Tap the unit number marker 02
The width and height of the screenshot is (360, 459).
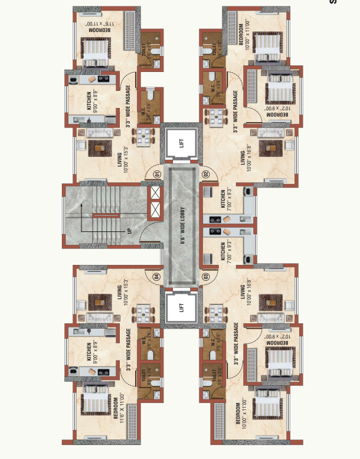coord(206,173)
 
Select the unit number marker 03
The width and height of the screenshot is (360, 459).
coord(206,276)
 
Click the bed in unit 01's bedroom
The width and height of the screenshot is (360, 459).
coord(95,52)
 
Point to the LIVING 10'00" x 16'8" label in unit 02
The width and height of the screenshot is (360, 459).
coord(245,160)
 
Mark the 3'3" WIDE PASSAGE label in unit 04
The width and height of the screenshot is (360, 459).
coord(128,353)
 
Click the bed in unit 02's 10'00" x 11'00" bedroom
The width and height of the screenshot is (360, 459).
coord(266,47)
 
